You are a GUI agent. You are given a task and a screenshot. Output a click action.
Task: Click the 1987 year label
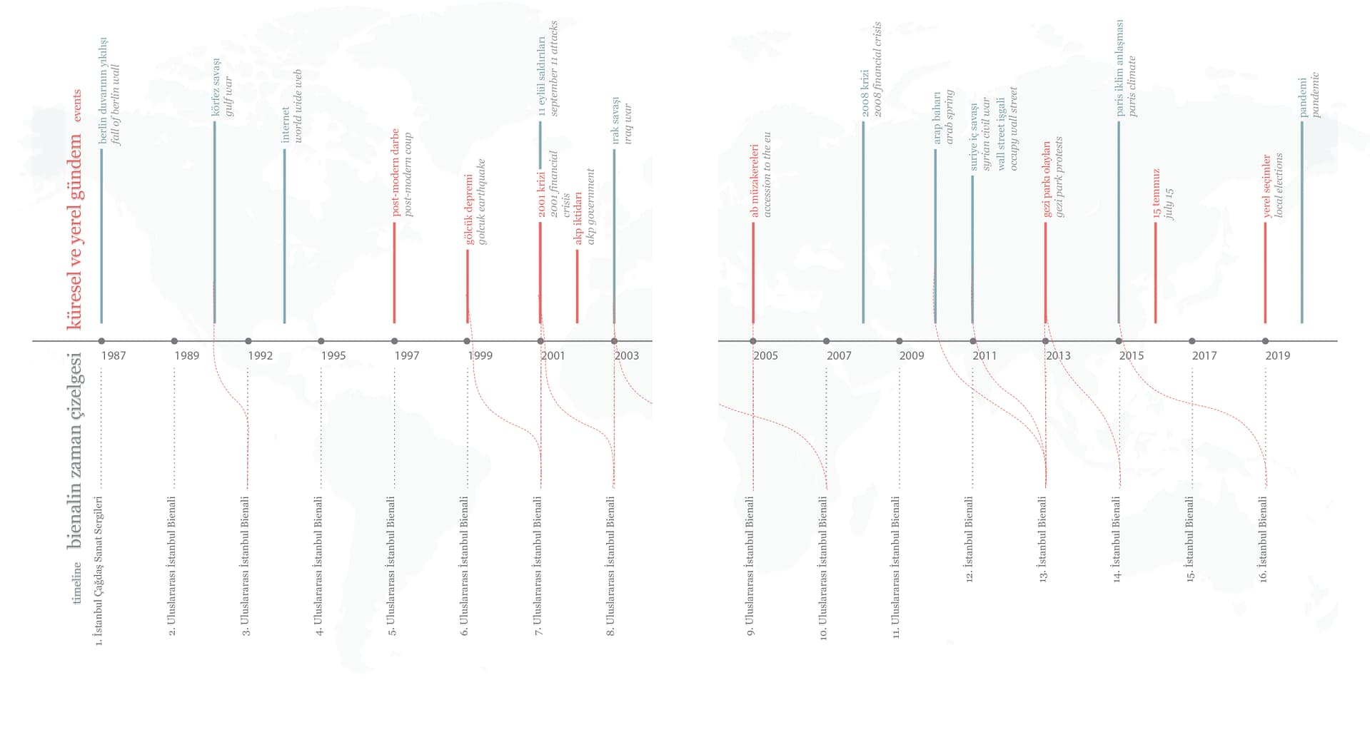[x=114, y=355]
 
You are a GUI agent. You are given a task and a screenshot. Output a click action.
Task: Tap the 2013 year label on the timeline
[x=1058, y=355]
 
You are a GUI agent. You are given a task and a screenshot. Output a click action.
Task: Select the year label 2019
[x=1277, y=355]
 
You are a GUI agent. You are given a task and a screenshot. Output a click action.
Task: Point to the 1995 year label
[x=333, y=355]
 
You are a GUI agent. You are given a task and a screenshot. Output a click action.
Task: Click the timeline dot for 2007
[x=826, y=341]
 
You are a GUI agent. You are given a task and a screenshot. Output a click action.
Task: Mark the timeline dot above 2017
[x=1192, y=341]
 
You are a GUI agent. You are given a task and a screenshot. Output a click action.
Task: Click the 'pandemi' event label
[x=1303, y=97]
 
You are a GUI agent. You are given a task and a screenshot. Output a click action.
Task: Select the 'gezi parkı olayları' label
[x=1047, y=178]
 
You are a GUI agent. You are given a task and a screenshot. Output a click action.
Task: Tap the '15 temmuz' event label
[x=1157, y=193]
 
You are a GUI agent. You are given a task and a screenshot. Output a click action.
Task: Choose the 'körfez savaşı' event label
[x=216, y=87]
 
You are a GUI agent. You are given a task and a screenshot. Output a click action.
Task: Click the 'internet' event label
[x=286, y=125]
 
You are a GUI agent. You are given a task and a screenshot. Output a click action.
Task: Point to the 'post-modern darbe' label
[x=395, y=172]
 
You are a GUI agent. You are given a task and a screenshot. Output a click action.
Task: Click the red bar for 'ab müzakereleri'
[x=752, y=273]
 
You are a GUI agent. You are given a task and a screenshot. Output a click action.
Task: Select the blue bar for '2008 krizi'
[x=862, y=222]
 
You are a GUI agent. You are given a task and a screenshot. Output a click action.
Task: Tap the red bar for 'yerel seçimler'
[x=1265, y=273]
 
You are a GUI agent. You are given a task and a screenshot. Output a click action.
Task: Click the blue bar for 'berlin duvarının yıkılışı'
[x=101, y=235]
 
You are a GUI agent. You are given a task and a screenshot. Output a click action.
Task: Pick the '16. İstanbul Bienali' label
[x=1264, y=539]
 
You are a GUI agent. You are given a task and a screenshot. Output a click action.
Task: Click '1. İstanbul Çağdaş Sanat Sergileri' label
[x=99, y=570]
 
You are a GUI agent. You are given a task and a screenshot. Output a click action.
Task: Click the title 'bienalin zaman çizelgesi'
[x=75, y=450]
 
